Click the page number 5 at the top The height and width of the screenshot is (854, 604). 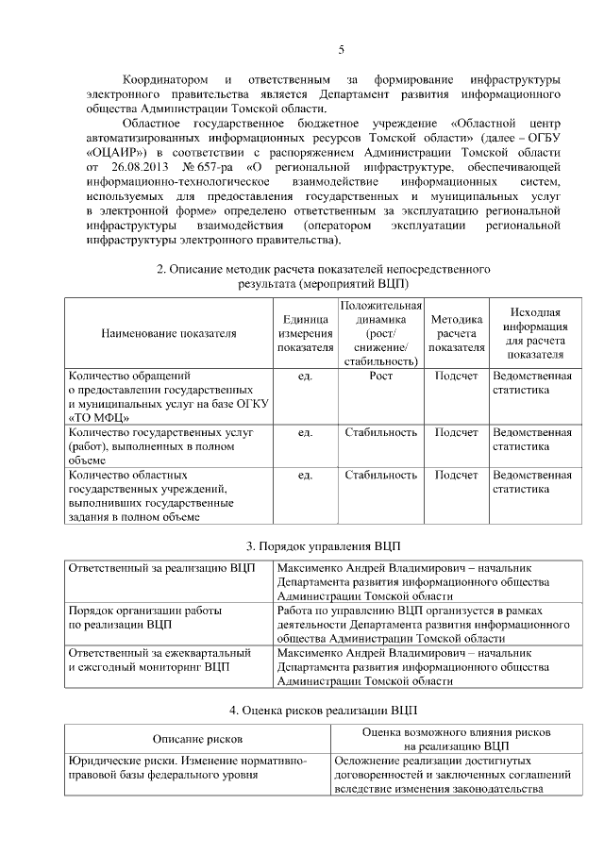(341, 50)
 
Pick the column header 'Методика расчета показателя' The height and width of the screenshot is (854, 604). (456, 333)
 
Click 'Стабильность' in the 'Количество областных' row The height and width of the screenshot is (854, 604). (380, 476)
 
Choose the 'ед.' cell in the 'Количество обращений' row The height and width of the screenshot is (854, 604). (305, 377)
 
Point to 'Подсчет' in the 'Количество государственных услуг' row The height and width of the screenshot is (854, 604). (456, 432)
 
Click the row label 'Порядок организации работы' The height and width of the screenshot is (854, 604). (144, 611)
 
